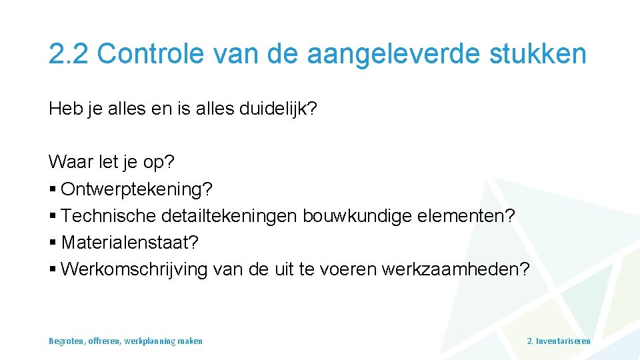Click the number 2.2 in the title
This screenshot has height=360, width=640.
point(69,53)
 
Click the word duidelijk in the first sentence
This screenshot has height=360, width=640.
point(273,109)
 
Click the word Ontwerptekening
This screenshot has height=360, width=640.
point(137,189)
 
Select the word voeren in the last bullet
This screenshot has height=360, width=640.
point(348,269)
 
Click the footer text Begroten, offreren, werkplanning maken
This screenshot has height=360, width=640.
point(125,341)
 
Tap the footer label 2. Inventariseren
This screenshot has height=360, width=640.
point(558,341)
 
